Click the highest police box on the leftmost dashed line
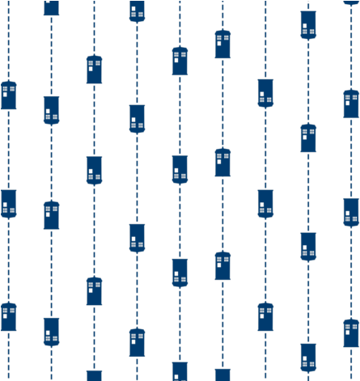coord(8,95)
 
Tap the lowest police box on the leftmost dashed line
coord(8,316)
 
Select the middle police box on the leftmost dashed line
coord(8,203)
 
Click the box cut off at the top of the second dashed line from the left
coord(51,7)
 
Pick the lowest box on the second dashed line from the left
coord(51,331)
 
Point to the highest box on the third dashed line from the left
coord(94,69)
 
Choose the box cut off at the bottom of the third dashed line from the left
coord(94,375)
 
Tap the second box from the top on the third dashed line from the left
coord(94,170)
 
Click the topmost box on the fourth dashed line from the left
coord(137,11)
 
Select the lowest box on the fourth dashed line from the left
coord(137,342)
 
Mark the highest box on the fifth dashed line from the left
coord(180,61)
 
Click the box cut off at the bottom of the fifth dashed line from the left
coord(180,372)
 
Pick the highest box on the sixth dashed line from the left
coord(222,44)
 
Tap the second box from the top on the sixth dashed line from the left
coord(222,162)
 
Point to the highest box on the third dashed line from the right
coord(265,92)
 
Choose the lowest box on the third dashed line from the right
coord(265,316)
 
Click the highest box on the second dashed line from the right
coord(308,24)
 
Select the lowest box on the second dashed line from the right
coord(308,357)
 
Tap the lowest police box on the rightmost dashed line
coord(351,332)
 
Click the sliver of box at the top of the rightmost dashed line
coord(351,2)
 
